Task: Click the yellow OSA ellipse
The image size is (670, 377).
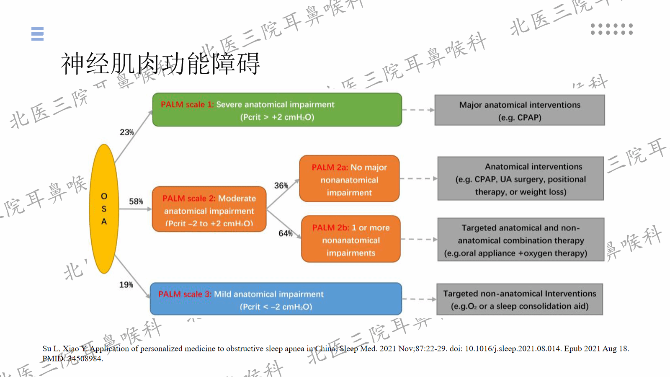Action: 104,209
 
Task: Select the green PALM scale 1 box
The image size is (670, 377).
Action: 277,110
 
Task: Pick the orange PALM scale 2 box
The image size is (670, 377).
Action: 209,209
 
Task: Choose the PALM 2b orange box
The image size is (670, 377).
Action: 350,240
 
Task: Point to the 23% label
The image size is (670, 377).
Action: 126,132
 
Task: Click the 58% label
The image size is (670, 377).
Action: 136,201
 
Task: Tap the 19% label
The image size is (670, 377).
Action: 126,285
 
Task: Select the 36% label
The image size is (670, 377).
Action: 281,186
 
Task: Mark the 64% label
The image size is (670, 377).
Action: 285,233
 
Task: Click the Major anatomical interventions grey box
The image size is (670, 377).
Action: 520,111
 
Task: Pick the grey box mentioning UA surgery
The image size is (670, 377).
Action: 521,179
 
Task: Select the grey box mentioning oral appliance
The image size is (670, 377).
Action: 521,240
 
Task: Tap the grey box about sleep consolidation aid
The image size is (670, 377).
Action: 520,300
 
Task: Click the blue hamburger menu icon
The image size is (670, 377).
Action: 37,34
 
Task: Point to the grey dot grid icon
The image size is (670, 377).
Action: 611,29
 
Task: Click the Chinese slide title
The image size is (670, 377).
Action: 160,64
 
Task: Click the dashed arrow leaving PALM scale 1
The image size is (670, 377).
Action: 418,110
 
